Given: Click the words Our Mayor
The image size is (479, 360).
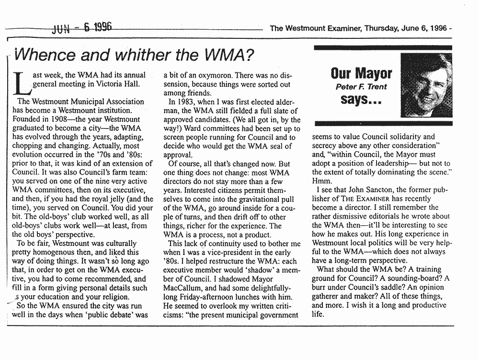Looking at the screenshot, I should (361, 73).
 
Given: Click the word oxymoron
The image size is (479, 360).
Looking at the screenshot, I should (209, 75).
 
